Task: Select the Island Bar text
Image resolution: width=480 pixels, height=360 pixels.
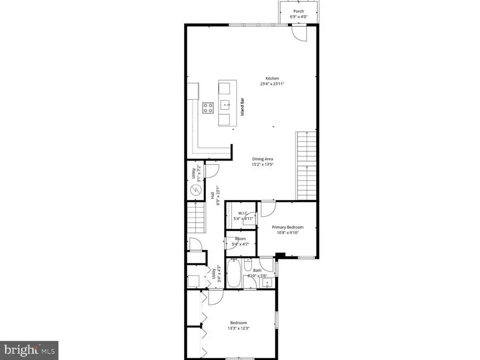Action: coord(242,107)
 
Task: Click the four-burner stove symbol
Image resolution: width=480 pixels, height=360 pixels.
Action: coord(208,108)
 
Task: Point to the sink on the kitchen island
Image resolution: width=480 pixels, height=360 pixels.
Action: coord(226,103)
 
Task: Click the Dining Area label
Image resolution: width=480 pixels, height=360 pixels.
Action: coord(263,158)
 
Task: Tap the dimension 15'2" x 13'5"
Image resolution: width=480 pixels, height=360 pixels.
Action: coord(263,165)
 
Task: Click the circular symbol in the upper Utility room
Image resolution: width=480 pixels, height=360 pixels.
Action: coord(195,190)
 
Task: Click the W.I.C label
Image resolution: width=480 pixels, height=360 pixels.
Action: coord(241,212)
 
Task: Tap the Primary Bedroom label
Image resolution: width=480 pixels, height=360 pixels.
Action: coord(287,227)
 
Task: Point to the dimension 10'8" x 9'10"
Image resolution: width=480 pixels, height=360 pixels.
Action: coord(287,233)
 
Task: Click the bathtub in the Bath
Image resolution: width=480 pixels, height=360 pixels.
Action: coord(234,273)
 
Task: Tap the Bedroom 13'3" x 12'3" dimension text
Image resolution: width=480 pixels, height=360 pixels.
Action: coord(238,328)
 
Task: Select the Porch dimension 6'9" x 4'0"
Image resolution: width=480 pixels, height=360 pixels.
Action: coord(299,17)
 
